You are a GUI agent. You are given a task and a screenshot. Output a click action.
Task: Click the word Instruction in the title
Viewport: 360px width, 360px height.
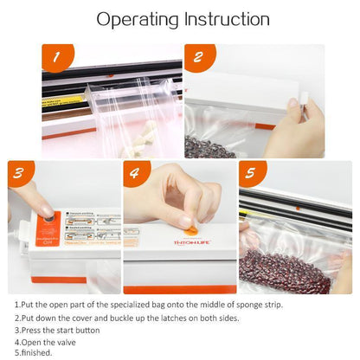point(228,18)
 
